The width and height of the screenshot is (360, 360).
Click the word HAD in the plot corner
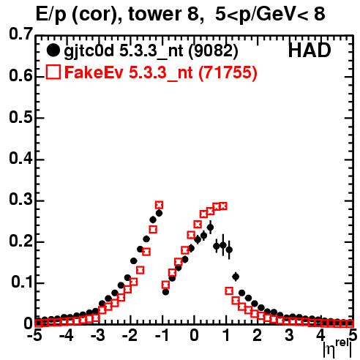pos(310,50)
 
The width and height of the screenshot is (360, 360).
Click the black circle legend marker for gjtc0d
pos(53,50)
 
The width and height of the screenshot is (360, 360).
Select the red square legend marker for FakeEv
pos(53,72)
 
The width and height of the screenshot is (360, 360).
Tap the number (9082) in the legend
pos(213,51)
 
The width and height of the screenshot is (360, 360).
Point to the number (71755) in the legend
pos(228,72)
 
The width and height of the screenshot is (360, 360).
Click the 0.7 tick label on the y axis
pos(21,34)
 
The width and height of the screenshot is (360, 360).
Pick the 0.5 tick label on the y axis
pos(21,118)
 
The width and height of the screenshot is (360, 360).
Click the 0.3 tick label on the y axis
pos(21,200)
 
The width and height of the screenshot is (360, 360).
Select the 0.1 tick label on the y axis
pos(22,282)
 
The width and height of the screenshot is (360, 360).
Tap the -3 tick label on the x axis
pos(97,335)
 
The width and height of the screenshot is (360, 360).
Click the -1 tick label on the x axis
pos(162,335)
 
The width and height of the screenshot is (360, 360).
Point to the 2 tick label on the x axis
pos(257,335)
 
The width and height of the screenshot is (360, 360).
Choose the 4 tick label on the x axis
pos(320,335)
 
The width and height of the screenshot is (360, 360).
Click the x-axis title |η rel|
pos(337,349)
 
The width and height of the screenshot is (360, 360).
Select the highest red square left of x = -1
pos(159,205)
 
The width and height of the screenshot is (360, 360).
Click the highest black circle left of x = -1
pos(159,213)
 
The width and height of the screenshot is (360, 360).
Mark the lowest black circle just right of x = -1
pos(165,292)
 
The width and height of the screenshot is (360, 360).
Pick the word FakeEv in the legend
pos(94,72)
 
